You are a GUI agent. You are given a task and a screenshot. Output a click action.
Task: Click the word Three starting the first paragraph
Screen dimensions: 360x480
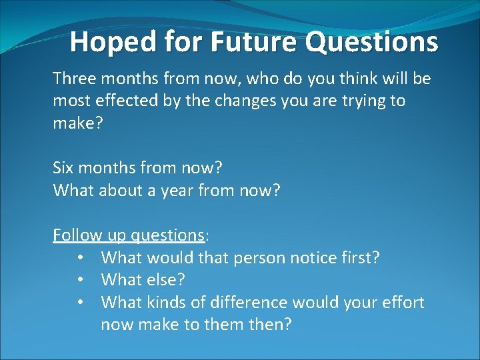click(75, 79)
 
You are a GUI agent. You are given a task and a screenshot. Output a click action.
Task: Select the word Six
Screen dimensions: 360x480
click(65, 168)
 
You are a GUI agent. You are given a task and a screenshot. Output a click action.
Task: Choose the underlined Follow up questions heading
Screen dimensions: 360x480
click(129, 235)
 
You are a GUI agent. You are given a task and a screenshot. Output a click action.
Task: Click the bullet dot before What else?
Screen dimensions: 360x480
click(79, 280)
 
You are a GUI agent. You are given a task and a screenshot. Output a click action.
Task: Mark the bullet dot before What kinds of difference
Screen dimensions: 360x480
click(79, 303)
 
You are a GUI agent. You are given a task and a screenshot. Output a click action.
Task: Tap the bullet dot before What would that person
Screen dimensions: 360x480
click(79, 258)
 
